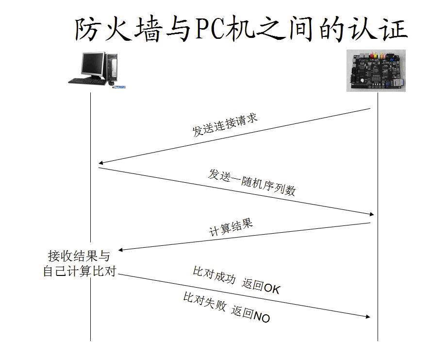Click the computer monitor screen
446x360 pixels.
point(92,64)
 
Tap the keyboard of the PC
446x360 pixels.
point(87,81)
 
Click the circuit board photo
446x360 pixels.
point(376,70)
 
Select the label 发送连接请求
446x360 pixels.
point(225,125)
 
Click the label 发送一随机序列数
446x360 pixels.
point(252,183)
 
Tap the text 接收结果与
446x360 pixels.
point(79,256)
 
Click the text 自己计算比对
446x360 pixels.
point(80,271)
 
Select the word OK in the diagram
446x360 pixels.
point(272,289)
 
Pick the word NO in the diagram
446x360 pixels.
point(262,317)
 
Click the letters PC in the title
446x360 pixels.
point(210,29)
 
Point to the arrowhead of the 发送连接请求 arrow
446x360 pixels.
point(100,163)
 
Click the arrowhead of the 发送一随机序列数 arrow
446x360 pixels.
point(372,214)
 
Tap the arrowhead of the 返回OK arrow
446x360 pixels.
point(368,316)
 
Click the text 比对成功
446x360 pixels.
point(214,275)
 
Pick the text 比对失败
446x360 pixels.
point(204,302)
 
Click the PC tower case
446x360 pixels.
point(112,67)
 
